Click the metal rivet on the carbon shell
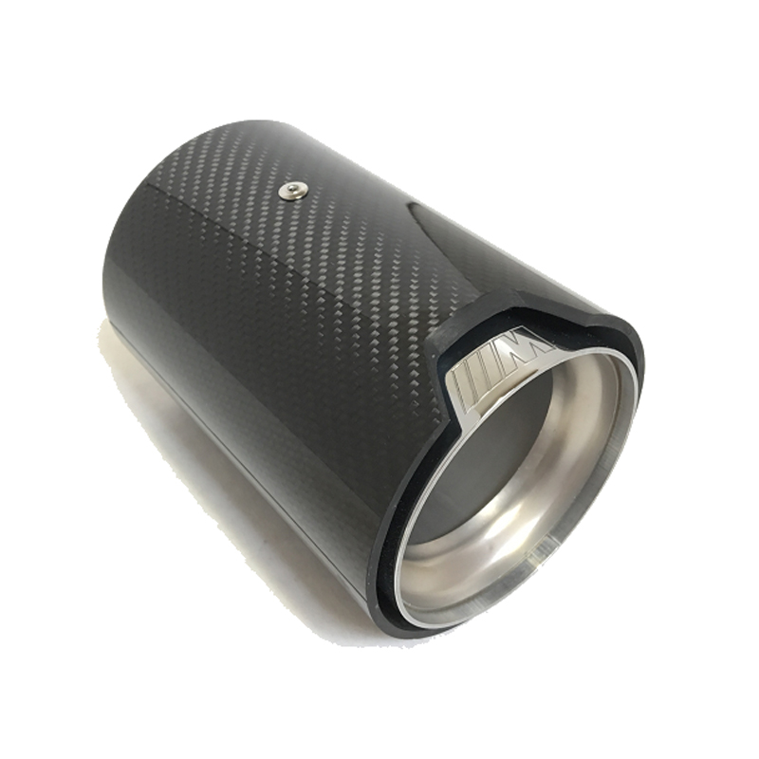coord(291,192)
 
